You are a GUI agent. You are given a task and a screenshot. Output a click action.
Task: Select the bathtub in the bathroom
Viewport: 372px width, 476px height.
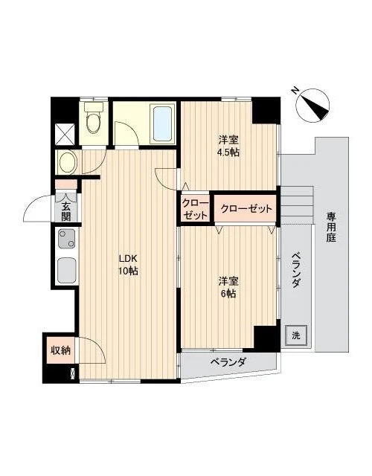pos(161,123)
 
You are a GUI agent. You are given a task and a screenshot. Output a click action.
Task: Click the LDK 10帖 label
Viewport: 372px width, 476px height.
pos(129,265)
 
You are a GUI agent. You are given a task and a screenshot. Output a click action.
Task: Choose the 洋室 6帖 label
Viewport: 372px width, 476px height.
pos(228,287)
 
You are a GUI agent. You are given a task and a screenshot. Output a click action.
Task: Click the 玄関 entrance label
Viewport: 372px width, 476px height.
pos(65,212)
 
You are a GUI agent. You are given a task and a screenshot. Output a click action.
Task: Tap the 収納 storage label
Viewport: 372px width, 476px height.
pos(60,350)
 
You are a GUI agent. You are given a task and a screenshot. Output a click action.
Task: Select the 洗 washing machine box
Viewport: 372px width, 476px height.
pos(295,335)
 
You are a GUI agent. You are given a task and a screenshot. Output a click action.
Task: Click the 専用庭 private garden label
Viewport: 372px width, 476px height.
pos(330,228)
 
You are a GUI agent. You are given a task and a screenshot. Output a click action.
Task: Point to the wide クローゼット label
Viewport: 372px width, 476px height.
pos(246,209)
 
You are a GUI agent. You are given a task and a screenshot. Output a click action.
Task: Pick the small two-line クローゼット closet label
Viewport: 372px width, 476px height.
pos(196,209)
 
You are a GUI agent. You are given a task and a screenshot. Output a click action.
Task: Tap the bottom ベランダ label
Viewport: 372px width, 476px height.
pos(227,362)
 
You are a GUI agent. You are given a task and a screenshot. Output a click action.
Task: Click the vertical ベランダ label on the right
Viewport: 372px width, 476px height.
pos(295,272)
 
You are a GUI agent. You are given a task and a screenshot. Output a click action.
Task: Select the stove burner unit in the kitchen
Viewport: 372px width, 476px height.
pos(65,240)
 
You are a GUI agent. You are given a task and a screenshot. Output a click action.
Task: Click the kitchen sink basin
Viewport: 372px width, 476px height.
pos(65,268)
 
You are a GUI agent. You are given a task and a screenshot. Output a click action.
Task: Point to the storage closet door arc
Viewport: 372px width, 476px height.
pos(88,348)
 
